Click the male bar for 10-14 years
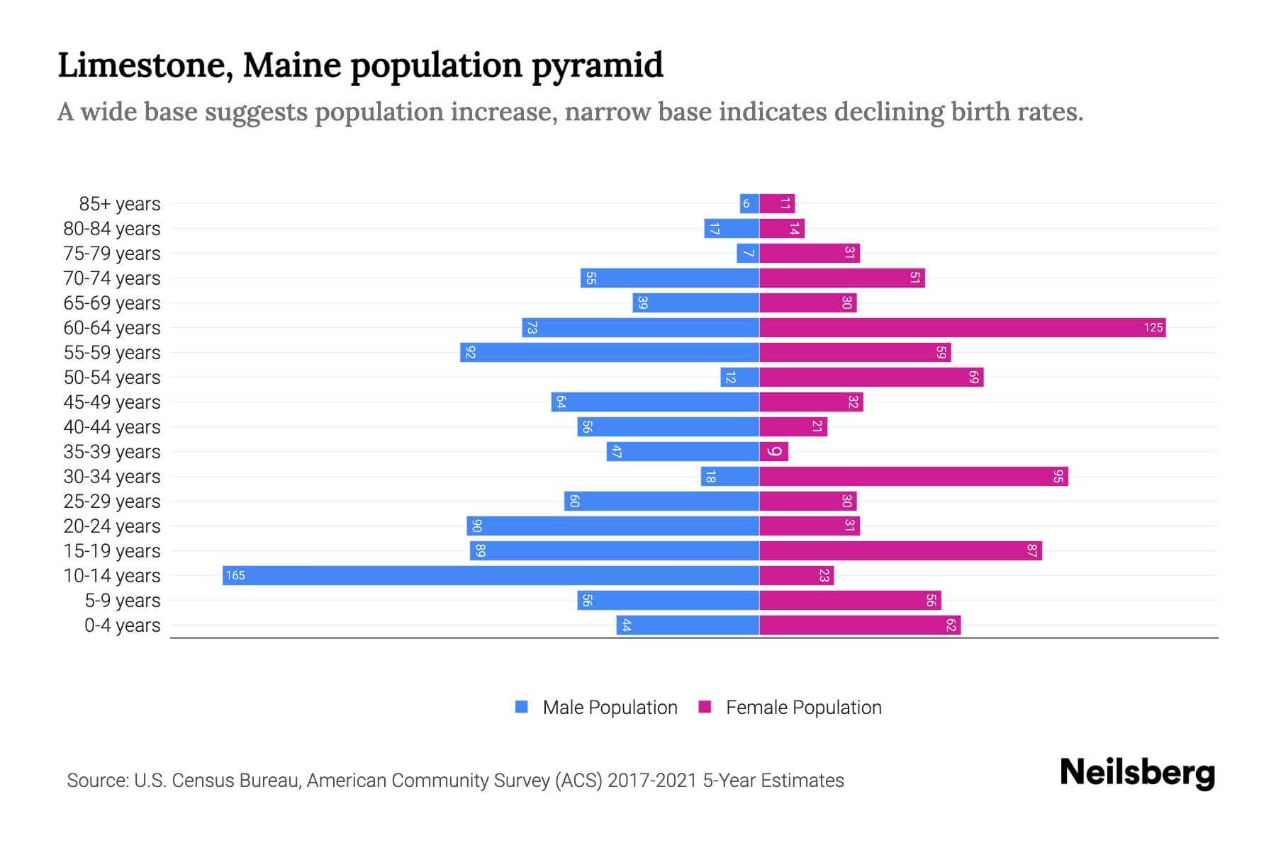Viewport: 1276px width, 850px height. [x=491, y=575]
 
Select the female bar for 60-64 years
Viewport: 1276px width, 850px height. [x=962, y=327]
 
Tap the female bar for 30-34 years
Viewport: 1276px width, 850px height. [x=913, y=476]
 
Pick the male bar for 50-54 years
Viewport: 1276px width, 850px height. [x=739, y=377]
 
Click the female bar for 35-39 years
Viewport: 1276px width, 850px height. [x=773, y=451]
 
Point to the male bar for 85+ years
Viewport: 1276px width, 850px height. [x=749, y=203]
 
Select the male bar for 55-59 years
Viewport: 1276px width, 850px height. [x=610, y=352]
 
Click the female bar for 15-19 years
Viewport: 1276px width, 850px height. [x=900, y=550]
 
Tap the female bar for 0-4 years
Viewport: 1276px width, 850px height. [x=860, y=625]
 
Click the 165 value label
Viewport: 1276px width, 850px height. [x=235, y=575]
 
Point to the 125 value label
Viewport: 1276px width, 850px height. [x=1153, y=327]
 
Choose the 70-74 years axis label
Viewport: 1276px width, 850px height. [x=112, y=278]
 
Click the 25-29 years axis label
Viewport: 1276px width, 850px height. [x=112, y=501]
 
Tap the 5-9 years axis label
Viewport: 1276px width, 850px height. [x=123, y=600]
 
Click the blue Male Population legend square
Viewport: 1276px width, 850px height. [x=522, y=707]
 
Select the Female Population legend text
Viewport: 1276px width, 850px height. [x=803, y=707]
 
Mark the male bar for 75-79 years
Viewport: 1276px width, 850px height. [x=748, y=253]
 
